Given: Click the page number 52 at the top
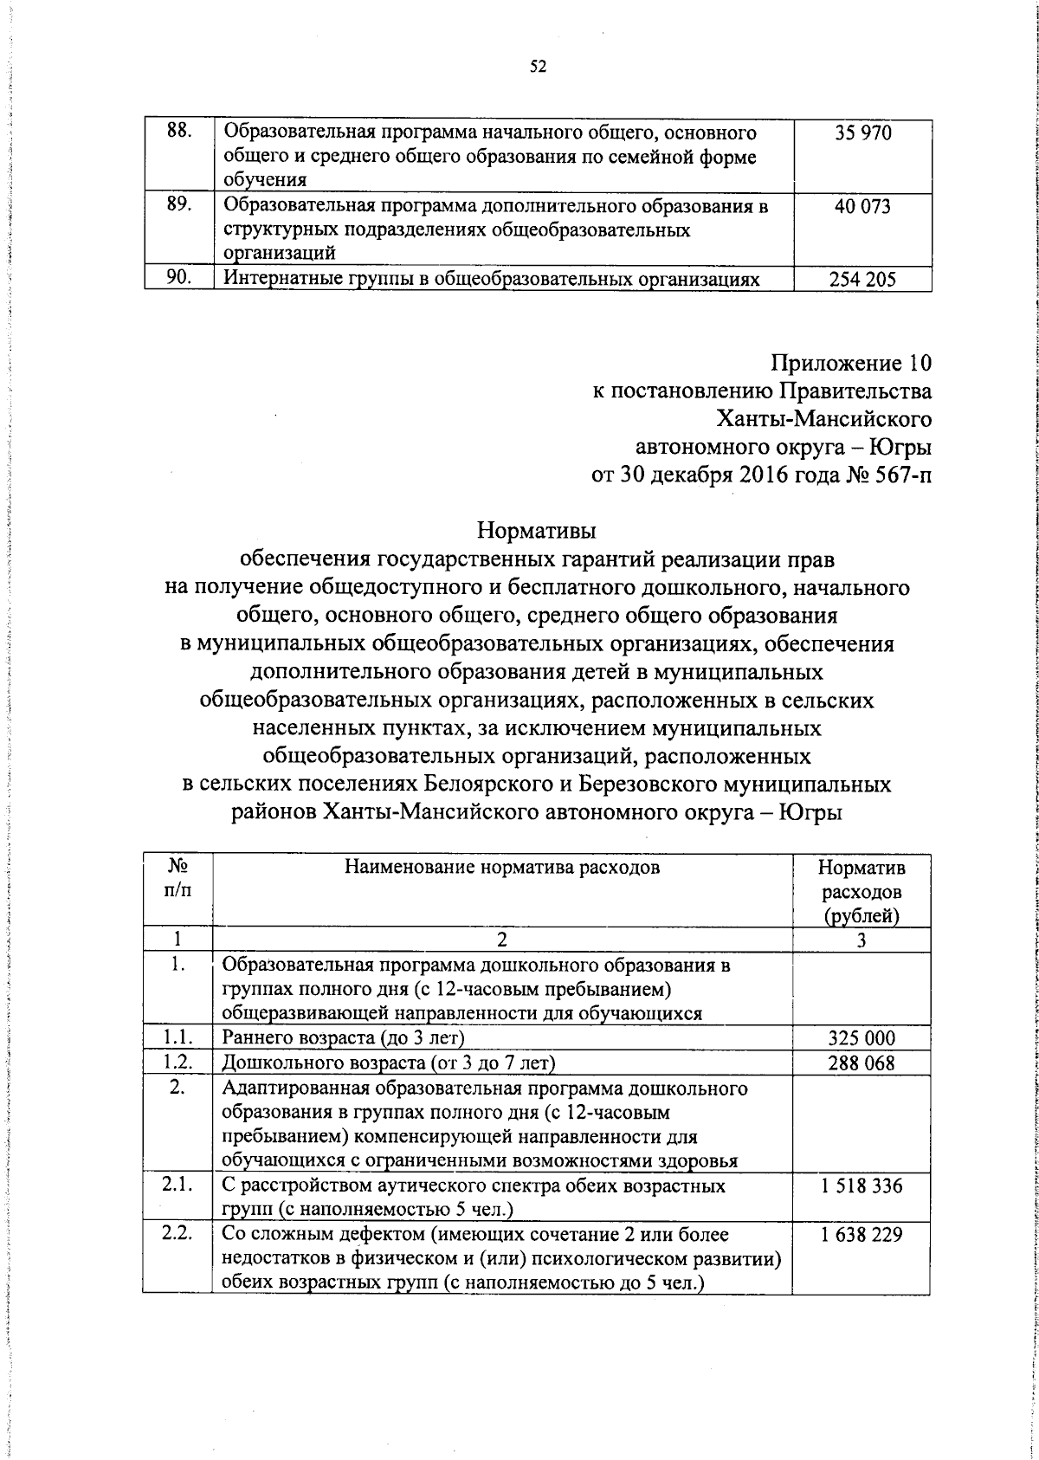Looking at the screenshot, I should (x=538, y=68).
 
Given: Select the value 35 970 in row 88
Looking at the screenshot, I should (x=862, y=133).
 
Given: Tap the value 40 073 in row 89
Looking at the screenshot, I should (x=862, y=206).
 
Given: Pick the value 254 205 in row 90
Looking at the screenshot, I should (x=862, y=280).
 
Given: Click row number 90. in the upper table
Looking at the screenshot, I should (x=178, y=278).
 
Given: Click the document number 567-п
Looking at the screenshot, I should (x=900, y=475).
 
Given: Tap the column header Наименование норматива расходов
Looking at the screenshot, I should (x=502, y=867).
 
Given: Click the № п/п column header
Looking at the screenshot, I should (x=177, y=878).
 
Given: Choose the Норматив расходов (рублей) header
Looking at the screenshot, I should (x=862, y=891).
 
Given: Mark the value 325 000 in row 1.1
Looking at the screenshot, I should (x=862, y=1038).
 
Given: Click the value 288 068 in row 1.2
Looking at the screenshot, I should (x=862, y=1063).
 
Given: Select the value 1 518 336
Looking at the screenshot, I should (x=862, y=1185).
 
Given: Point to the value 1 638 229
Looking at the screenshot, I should (x=862, y=1235).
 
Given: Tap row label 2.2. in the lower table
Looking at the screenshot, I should (x=177, y=1234).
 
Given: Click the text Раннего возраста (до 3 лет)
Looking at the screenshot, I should (x=344, y=1038).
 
